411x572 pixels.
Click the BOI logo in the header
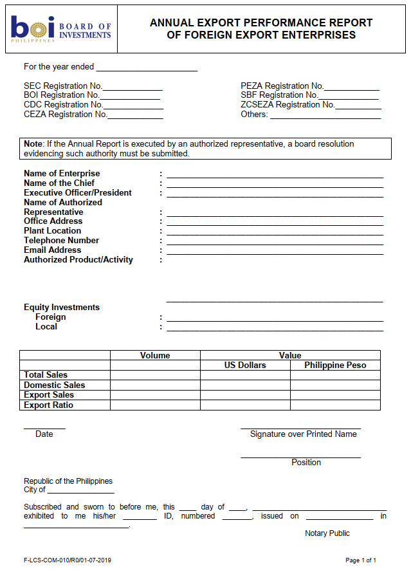coord(61,29)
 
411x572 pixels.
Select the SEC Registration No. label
coord(63,86)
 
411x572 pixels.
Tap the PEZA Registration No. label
coord(282,86)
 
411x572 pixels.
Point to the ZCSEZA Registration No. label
coord(288,105)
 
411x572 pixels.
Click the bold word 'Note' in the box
coord(33,144)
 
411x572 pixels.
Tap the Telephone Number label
coord(61,241)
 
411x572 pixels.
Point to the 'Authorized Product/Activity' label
coord(78,260)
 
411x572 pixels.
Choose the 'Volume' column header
coord(155,355)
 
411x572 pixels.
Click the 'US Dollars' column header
coord(245,365)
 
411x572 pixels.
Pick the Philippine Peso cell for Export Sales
coord(335,395)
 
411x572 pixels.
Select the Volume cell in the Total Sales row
coord(155,375)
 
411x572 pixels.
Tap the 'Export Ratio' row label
coord(48,405)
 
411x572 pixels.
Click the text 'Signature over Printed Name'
coord(303,434)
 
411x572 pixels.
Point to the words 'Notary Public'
coord(327,533)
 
